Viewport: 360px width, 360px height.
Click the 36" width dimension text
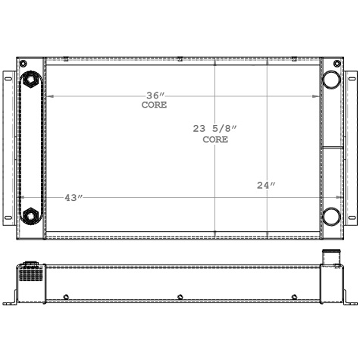click(155, 95)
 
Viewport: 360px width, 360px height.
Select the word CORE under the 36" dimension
click(154, 105)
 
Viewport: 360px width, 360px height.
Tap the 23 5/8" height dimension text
click(215, 130)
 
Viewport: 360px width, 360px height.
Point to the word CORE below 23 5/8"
click(215, 139)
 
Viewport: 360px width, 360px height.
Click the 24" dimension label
click(266, 185)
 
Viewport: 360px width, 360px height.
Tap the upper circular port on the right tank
click(331, 80)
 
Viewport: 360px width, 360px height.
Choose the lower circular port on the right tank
click(331, 217)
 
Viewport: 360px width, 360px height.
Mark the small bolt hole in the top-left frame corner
click(23, 61)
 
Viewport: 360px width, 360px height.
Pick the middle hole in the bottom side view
click(180, 296)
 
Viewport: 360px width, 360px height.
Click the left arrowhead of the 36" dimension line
click(48, 96)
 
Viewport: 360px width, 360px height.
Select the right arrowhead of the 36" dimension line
click(319, 96)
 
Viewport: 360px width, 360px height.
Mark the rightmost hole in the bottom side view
click(293, 296)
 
